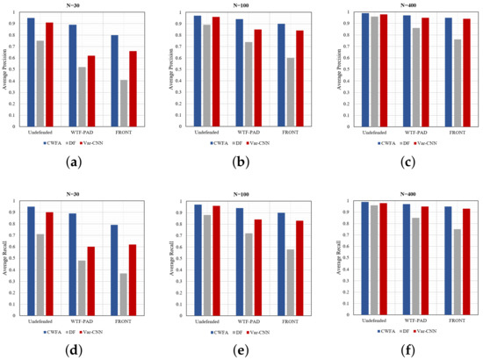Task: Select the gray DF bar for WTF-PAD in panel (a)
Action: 82,97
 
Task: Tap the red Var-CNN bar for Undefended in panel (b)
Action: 215,71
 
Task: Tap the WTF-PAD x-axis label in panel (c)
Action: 414,132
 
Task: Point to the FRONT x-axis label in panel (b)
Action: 289,132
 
